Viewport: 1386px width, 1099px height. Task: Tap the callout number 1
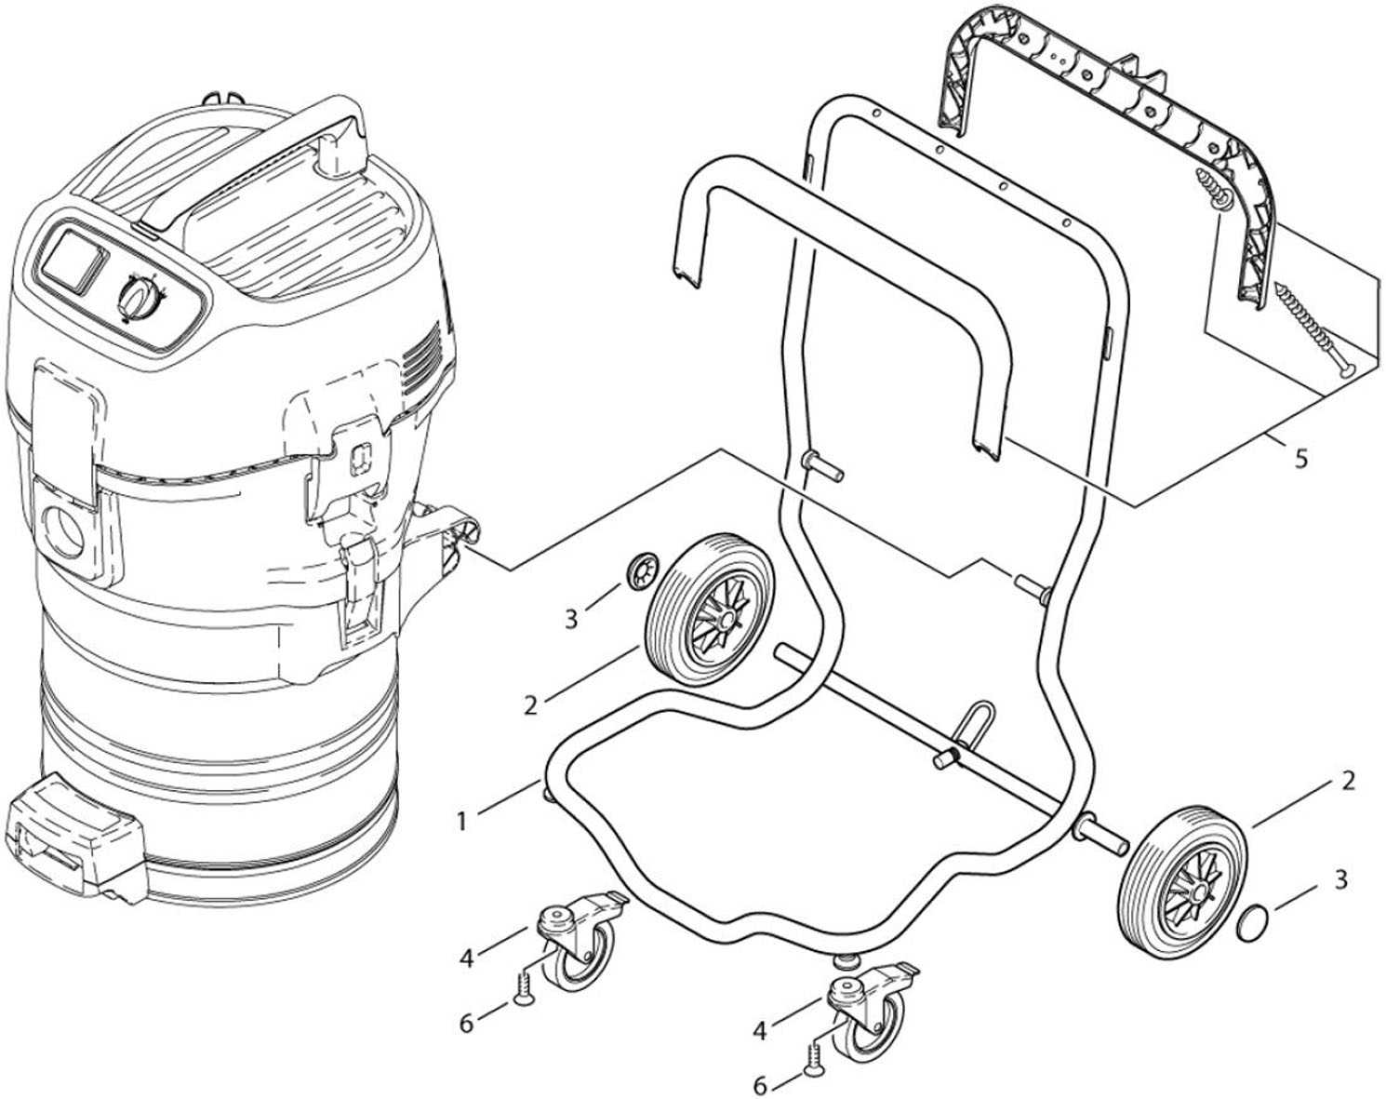click(460, 821)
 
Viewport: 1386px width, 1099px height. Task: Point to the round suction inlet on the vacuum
click(65, 529)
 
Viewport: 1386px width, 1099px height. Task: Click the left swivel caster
click(577, 944)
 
